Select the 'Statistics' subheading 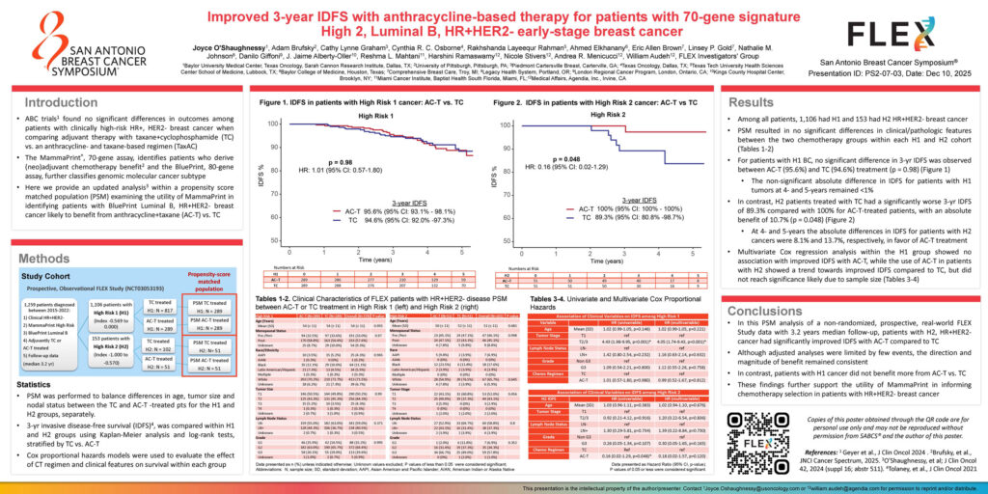coord(37,384)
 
